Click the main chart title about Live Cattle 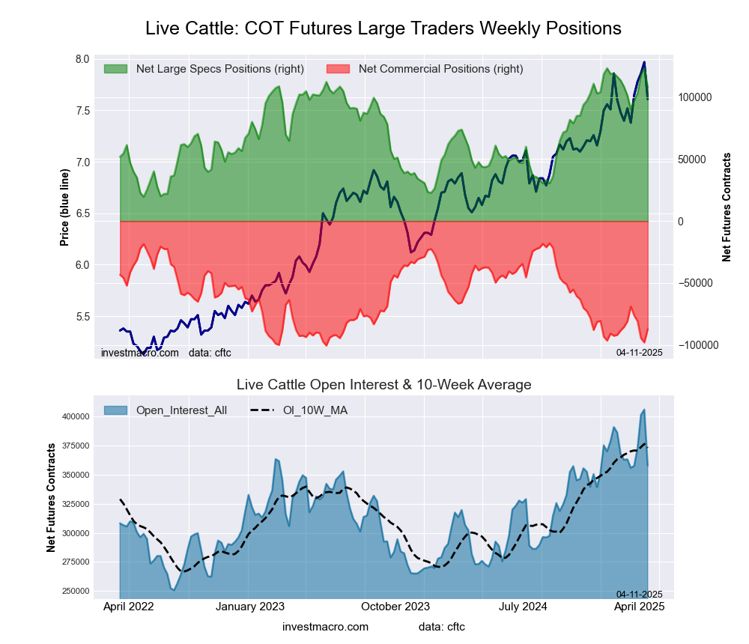pos(383,28)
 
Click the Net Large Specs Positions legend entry pos(219,69)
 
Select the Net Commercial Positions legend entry pos(440,69)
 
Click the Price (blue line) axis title pos(65,207)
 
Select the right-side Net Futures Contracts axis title pos(727,207)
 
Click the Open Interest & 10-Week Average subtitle pos(383,385)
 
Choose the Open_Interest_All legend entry pos(181,410)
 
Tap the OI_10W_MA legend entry pos(315,410)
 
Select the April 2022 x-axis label pos(128,607)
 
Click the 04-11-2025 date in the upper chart pos(639,352)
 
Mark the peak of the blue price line pos(643,62)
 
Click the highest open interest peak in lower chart pos(643,410)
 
